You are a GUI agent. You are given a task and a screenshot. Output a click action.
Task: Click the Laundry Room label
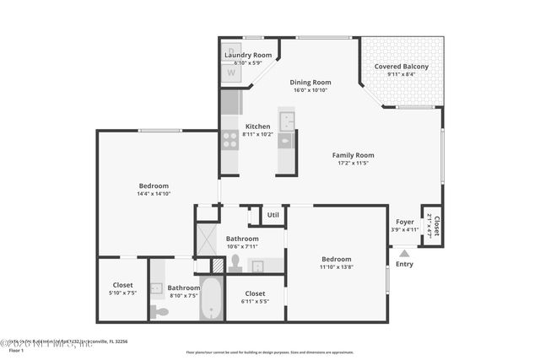(x=247, y=55)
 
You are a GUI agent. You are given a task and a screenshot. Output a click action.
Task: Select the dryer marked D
(x=230, y=52)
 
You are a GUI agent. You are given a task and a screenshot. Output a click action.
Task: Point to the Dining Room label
(x=310, y=83)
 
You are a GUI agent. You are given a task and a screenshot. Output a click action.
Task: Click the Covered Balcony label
(x=401, y=67)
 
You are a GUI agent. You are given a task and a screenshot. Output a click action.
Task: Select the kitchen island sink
(x=287, y=140)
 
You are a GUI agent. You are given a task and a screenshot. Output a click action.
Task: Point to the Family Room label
(x=353, y=155)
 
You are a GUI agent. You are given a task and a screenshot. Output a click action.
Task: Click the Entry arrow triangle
(x=404, y=252)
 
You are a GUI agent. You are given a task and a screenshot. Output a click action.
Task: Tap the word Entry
(x=404, y=264)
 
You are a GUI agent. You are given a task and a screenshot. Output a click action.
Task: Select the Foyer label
(x=405, y=222)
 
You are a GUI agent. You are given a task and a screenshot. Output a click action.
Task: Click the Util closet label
(x=273, y=215)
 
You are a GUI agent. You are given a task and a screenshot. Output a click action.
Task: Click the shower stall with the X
(x=207, y=238)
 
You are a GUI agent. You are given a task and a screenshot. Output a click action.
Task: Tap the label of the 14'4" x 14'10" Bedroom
(x=154, y=185)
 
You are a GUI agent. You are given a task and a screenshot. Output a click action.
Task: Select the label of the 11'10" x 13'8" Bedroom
(x=336, y=259)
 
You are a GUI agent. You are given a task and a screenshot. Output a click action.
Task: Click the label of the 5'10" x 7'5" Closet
(x=122, y=285)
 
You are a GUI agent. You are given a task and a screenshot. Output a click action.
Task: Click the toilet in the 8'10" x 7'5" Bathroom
(x=159, y=311)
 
